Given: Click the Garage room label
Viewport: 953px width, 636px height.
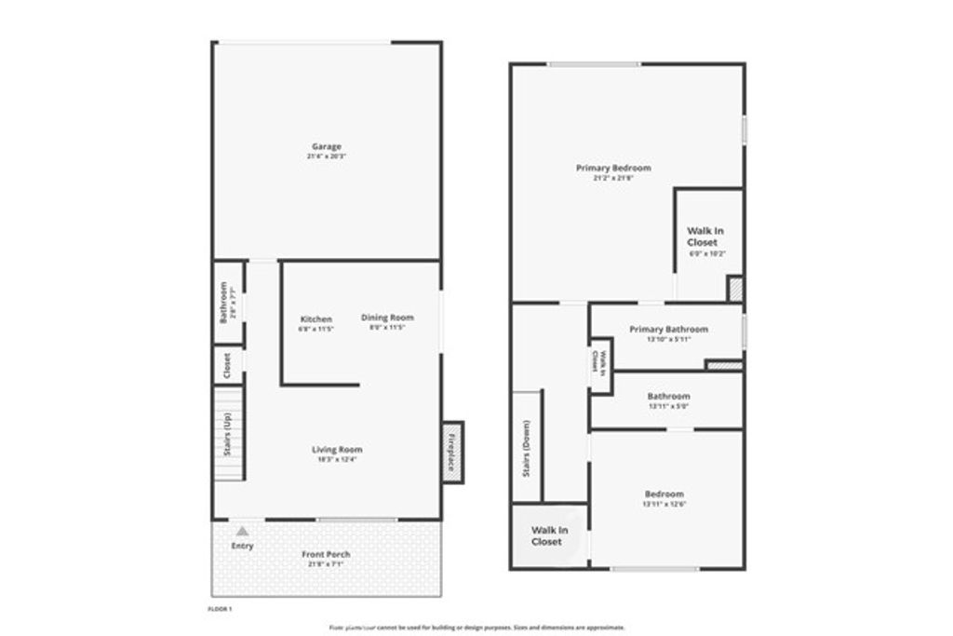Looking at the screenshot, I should (326, 146).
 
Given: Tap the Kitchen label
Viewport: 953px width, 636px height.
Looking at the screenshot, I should (315, 318).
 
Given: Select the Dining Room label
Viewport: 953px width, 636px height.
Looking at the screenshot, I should (387, 318).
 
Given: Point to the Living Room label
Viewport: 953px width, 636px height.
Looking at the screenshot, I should (336, 449).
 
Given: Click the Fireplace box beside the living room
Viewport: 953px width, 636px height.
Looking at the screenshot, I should (451, 452).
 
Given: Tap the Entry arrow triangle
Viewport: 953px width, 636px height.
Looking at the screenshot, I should (242, 530).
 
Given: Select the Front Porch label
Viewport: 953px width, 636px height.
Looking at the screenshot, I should (326, 555).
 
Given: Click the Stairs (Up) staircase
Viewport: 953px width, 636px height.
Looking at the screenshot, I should (229, 434).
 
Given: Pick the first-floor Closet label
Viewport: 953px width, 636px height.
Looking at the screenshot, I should (227, 365).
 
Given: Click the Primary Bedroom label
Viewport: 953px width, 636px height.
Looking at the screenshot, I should (612, 169).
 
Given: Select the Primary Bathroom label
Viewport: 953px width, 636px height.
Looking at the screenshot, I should (668, 329).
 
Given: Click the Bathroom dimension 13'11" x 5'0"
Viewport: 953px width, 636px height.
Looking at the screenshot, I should (668, 405).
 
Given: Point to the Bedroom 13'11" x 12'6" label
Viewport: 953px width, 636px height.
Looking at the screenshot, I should (664, 494).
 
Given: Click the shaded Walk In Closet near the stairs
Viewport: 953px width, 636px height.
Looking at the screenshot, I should (547, 536).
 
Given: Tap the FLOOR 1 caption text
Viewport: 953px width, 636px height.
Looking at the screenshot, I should (219, 609).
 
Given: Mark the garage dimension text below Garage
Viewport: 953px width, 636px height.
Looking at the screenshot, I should (326, 156).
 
